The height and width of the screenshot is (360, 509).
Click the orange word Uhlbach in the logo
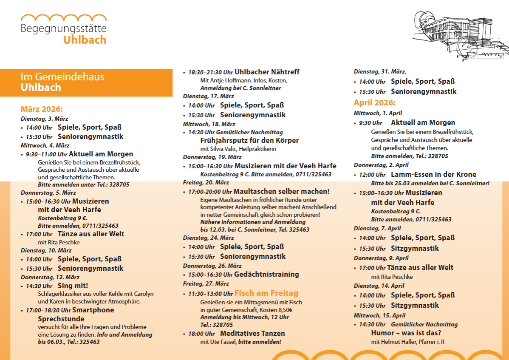point(85,40)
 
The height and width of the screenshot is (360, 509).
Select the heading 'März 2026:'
point(42,109)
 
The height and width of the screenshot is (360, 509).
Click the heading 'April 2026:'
point(374,103)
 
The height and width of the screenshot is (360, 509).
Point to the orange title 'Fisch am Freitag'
point(266,293)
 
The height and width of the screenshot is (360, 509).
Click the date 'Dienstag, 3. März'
point(44,119)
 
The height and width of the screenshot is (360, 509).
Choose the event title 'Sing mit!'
point(73,286)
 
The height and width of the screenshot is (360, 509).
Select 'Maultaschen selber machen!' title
point(281,191)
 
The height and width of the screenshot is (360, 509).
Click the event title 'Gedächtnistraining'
point(266,274)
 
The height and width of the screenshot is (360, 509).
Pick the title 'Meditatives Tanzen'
point(252,333)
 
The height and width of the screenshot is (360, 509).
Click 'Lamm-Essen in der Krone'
point(433,174)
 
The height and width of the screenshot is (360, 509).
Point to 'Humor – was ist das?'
point(406,333)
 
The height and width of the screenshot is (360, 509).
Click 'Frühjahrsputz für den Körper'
point(249,140)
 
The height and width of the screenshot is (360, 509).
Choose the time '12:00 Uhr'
point(372,175)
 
